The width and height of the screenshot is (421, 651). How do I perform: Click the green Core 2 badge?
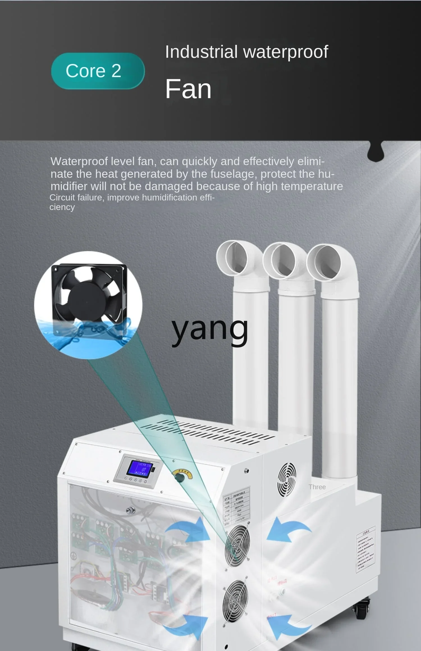coord(98,71)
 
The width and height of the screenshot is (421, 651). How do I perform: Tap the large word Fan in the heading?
coord(188,89)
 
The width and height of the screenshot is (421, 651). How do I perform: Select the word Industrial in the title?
coord(201,52)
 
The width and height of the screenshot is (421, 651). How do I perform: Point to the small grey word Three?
coord(317,487)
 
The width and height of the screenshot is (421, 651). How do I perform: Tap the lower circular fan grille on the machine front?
coord(235,601)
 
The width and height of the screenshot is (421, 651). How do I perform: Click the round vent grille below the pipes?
coord(287,479)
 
